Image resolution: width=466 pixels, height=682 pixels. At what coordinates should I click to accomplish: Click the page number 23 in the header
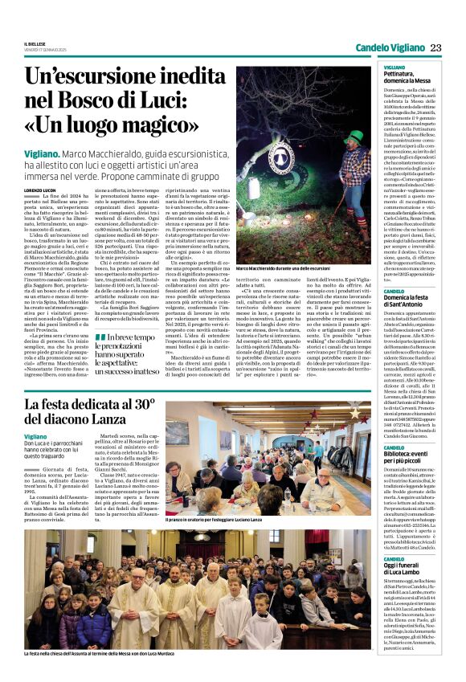[x=435, y=47]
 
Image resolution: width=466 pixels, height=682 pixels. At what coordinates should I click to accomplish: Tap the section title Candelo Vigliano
[x=389, y=47]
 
